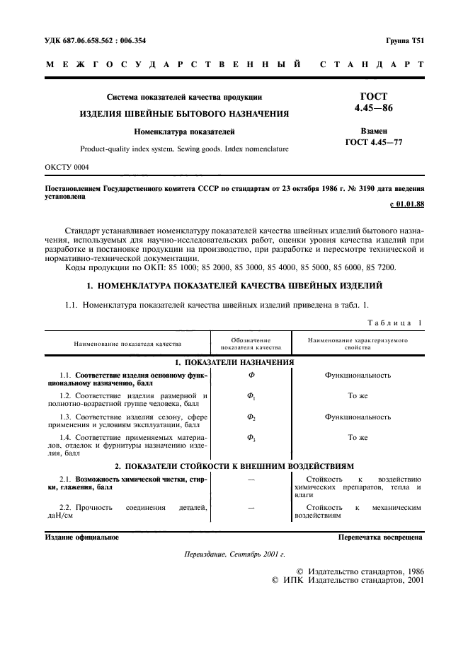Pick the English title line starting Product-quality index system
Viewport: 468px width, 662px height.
[x=184, y=149]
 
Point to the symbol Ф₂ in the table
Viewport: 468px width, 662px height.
[x=251, y=417]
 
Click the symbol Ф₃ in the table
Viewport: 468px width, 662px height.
[x=251, y=438]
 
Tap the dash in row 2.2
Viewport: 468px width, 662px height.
[x=251, y=508]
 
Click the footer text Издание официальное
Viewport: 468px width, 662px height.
[x=77, y=538]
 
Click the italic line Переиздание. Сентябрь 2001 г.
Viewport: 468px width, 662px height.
[x=234, y=555]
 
